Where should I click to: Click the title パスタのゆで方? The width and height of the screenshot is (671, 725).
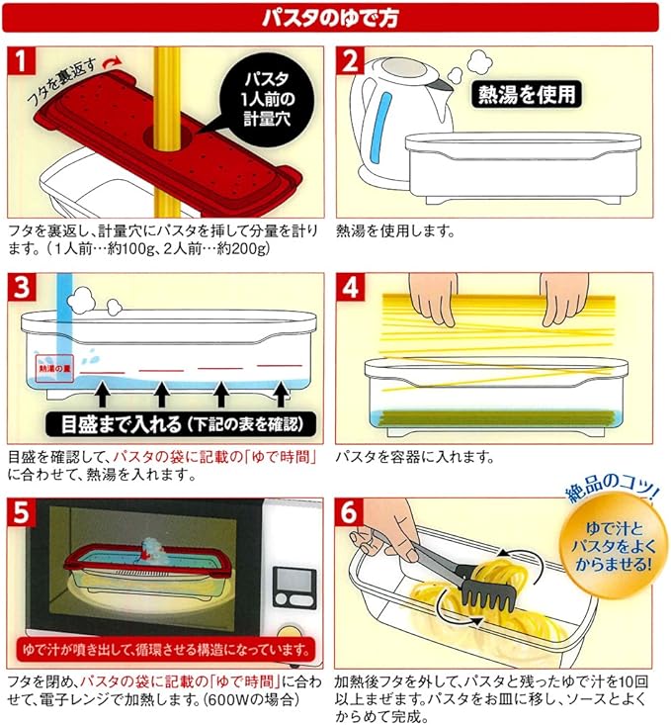(330, 18)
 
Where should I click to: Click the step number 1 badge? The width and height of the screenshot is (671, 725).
(22, 60)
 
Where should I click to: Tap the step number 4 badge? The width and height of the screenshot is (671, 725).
(350, 287)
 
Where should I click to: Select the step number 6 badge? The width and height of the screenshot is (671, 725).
(350, 512)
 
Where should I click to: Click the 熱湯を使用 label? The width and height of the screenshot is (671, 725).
(527, 95)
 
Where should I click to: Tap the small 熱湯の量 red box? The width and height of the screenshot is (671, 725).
(55, 369)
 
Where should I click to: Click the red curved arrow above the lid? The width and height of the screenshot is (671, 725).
(113, 63)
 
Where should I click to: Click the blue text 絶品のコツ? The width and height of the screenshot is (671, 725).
(611, 488)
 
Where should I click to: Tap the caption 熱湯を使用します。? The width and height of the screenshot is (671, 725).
(395, 230)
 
